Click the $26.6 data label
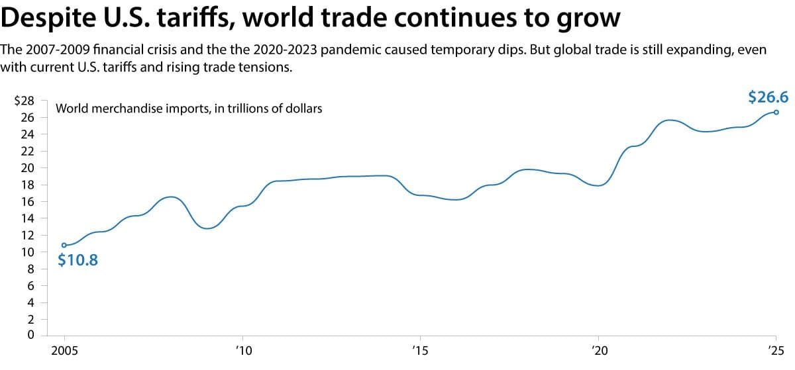(768, 97)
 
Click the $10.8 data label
(78, 260)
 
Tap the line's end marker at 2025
(776, 112)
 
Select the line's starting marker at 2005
(64, 245)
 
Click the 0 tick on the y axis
(31, 336)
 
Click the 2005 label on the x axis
(64, 351)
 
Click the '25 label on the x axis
(774, 351)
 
